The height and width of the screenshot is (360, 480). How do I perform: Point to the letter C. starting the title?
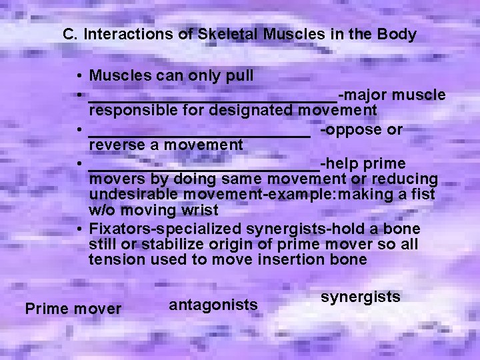click(x=70, y=34)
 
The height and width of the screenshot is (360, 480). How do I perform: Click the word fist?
click(x=421, y=195)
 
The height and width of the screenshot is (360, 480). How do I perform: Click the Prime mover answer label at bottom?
click(x=73, y=309)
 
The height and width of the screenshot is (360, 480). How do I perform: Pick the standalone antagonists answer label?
click(x=213, y=305)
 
